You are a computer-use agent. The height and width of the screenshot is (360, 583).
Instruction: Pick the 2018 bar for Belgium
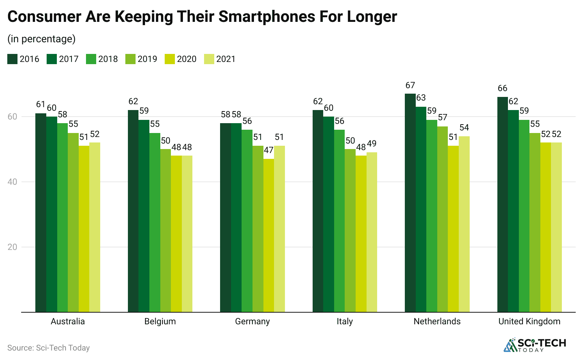[x=155, y=222]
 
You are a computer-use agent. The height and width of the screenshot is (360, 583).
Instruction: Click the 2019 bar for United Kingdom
[x=535, y=222]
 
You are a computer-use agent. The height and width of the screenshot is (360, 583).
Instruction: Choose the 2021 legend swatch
[x=209, y=59]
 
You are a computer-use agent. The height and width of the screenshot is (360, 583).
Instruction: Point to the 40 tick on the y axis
[x=12, y=182]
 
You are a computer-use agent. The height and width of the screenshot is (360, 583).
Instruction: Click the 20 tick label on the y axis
[x=12, y=247]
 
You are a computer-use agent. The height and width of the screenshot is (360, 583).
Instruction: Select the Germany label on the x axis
[x=253, y=321]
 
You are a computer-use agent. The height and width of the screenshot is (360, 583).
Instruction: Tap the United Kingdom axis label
[x=529, y=321]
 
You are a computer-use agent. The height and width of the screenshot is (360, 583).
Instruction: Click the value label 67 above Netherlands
[x=410, y=85]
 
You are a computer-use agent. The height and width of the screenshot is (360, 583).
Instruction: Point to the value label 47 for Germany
[x=269, y=150]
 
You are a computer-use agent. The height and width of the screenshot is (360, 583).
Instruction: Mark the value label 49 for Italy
[x=372, y=144]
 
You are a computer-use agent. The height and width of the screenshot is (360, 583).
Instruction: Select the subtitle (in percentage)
[x=42, y=39]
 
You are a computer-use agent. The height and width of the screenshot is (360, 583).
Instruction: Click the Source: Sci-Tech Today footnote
[x=48, y=348]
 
